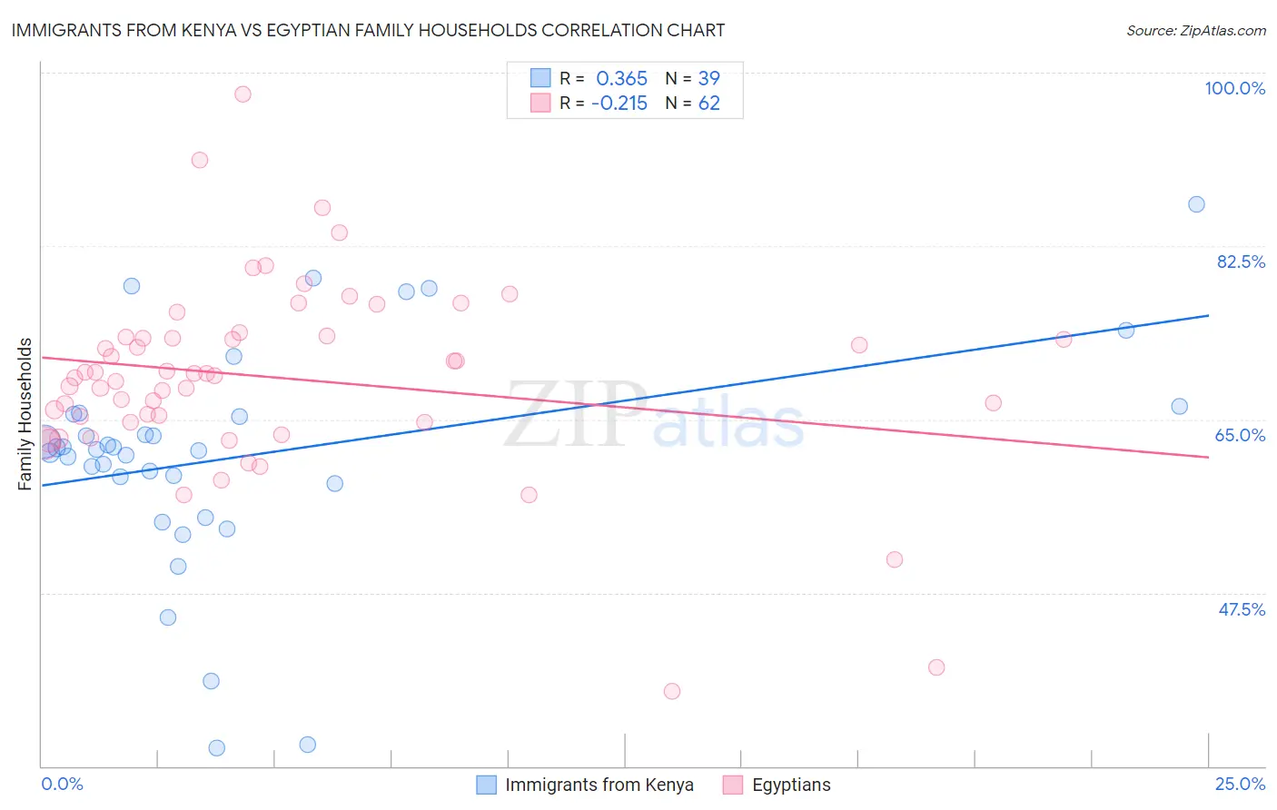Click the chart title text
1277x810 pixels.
[x=368, y=30]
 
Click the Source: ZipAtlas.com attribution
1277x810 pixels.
[x=1195, y=31]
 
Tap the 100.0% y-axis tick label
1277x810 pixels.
[x=1234, y=88]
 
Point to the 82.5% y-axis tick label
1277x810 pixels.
[x=1241, y=262]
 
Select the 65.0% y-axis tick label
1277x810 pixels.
[x=1240, y=435]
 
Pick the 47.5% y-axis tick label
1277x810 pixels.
[x=1241, y=609]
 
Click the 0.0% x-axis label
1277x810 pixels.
[x=62, y=784]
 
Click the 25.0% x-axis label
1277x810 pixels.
[x=1240, y=784]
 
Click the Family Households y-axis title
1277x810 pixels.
[x=25, y=414]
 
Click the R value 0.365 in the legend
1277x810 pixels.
[x=621, y=79]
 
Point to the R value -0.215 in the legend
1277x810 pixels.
[x=619, y=104]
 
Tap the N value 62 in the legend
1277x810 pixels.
[x=708, y=104]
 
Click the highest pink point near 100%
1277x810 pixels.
[x=243, y=94]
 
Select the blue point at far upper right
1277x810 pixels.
[x=1196, y=204]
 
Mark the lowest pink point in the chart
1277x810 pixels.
[x=672, y=691]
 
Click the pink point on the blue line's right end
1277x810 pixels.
[x=1064, y=340]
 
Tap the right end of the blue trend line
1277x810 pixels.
[x=1208, y=315]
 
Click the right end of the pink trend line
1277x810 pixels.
[x=1208, y=457]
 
